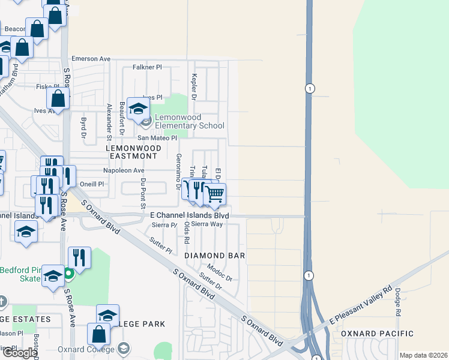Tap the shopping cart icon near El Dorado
[215, 194]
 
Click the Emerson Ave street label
[91, 59]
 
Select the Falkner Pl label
[148, 68]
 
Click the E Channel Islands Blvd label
[189, 215]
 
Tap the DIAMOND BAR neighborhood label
[214, 256]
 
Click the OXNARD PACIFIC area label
[377, 334]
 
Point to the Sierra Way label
[207, 224]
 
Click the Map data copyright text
[423, 355]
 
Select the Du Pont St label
[143, 193]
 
